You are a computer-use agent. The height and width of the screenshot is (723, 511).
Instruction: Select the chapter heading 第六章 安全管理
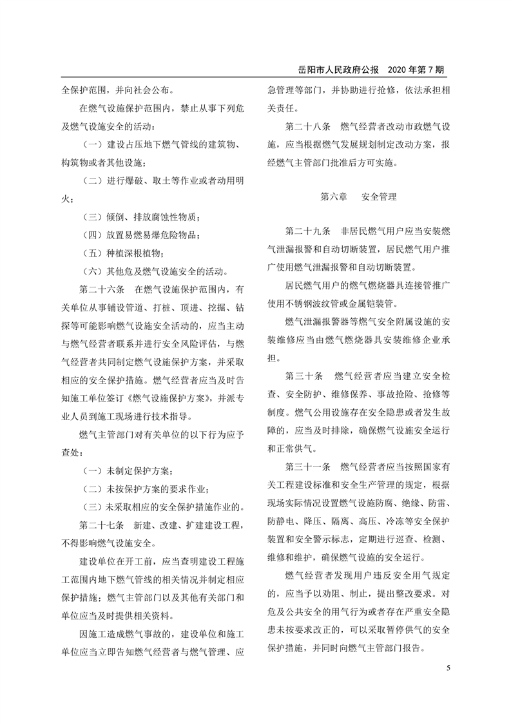point(358,197)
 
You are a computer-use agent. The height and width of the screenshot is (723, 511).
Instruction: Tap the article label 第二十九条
point(308,230)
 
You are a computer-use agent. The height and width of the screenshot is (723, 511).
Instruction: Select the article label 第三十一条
point(308,465)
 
